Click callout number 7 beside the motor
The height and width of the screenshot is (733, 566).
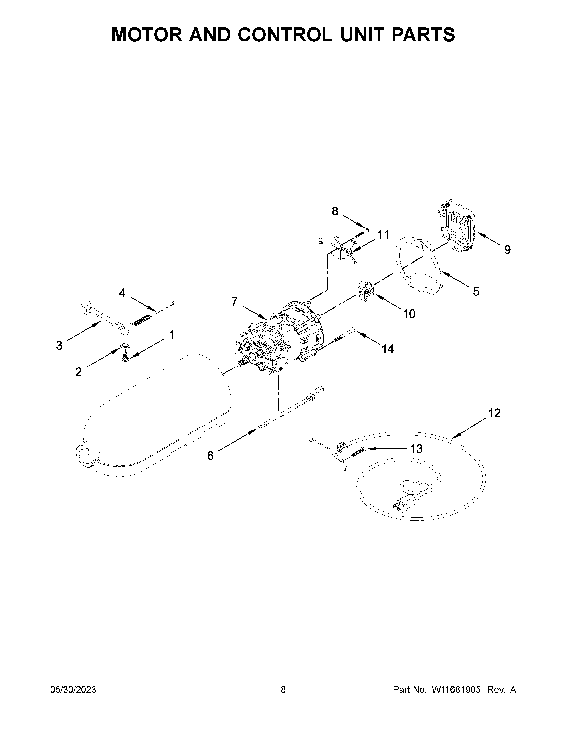(x=234, y=302)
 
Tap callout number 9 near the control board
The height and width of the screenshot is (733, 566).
(x=507, y=249)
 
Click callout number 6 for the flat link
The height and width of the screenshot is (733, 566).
(x=210, y=456)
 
